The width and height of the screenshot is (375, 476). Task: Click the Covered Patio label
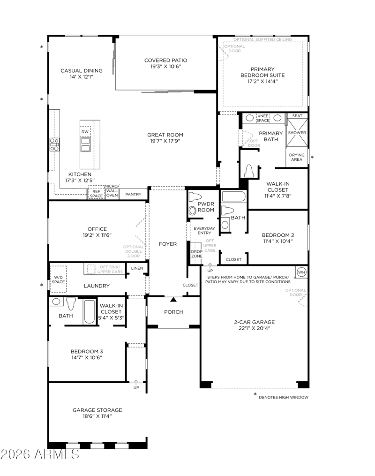pyautogui.click(x=165, y=60)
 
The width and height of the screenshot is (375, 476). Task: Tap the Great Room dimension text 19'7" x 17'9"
pyautogui.click(x=165, y=141)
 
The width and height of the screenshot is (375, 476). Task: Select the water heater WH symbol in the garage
pyautogui.click(x=301, y=272)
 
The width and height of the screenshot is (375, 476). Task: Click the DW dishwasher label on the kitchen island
pyautogui.click(x=85, y=132)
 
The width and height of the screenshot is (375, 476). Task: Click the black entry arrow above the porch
pyautogui.click(x=173, y=300)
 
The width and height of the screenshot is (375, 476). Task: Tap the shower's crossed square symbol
pyautogui.click(x=297, y=133)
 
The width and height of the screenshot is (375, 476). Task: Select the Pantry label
pyautogui.click(x=133, y=194)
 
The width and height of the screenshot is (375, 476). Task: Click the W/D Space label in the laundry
pyautogui.click(x=58, y=280)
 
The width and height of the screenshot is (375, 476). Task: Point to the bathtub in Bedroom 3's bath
pyautogui.click(x=89, y=312)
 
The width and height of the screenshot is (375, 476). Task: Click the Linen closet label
pyautogui.click(x=137, y=268)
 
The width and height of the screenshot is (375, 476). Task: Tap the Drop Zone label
pyautogui.click(x=196, y=254)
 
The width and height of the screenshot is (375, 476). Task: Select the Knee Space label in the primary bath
pyautogui.click(x=263, y=118)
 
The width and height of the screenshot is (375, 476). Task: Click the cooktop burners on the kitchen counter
pyautogui.click(x=55, y=144)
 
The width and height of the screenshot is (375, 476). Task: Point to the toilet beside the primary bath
pyautogui.click(x=249, y=171)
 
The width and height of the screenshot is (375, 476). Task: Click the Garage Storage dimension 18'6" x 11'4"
pyautogui.click(x=97, y=416)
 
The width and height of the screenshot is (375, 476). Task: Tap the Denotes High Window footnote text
pyautogui.click(x=284, y=397)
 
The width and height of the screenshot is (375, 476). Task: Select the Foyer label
pyautogui.click(x=167, y=244)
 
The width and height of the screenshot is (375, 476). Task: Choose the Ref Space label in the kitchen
pyautogui.click(x=96, y=194)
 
